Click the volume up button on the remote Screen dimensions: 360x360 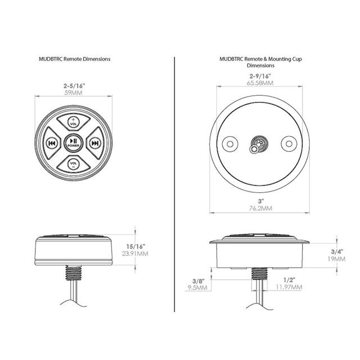tap(73, 121)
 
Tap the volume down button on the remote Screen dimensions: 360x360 tap(73, 164)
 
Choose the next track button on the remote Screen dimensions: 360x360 tap(95, 143)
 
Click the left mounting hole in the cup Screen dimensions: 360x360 tap(229, 144)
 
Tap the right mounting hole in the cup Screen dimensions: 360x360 tap(291, 144)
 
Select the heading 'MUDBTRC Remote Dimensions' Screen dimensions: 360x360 tap(73, 58)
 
